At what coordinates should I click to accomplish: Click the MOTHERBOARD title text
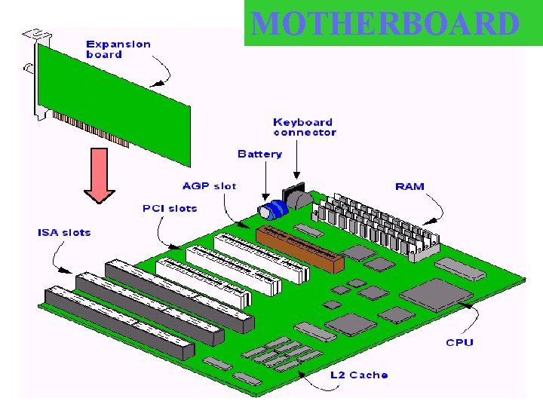(x=385, y=24)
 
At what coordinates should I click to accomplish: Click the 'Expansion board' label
(x=118, y=49)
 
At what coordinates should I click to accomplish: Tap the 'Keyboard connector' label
(x=304, y=127)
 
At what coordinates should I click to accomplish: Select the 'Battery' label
(x=259, y=154)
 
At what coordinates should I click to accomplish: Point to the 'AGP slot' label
(x=209, y=185)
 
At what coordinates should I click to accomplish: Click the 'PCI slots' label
(x=170, y=208)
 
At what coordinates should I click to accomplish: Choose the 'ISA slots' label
(x=64, y=232)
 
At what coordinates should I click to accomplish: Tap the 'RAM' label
(x=410, y=186)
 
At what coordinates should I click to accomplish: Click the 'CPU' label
(x=459, y=342)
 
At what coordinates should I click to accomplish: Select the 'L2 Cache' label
(x=359, y=375)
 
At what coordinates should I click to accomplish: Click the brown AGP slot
(x=299, y=246)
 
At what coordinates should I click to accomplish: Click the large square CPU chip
(x=433, y=295)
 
